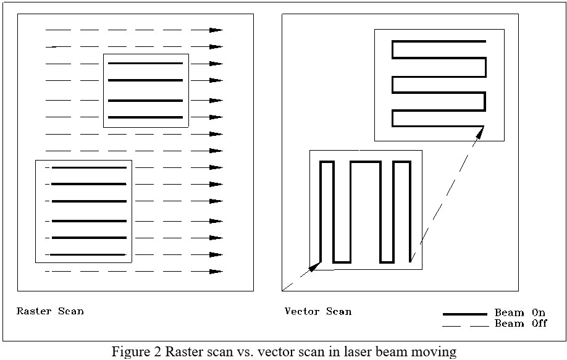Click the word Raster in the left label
[x=34, y=311]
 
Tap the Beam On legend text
[x=519, y=312]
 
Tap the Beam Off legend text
[x=521, y=323]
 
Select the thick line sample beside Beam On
[x=465, y=314]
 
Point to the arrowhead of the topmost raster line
[x=216, y=30]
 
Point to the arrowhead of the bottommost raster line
[x=216, y=272]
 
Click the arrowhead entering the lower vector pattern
[x=315, y=266]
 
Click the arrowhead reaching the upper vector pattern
[x=479, y=132]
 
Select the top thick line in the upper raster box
[x=145, y=63]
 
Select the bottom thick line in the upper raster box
[x=145, y=117]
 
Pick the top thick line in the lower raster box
[x=89, y=168]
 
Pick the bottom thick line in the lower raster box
[x=88, y=254]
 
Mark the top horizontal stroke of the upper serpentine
[x=439, y=41]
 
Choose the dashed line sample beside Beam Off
[x=466, y=327]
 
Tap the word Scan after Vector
[x=338, y=311]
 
